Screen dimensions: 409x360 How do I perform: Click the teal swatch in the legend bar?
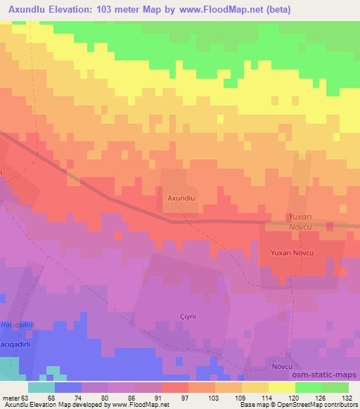41,387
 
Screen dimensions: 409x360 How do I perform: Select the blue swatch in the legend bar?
68,387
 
